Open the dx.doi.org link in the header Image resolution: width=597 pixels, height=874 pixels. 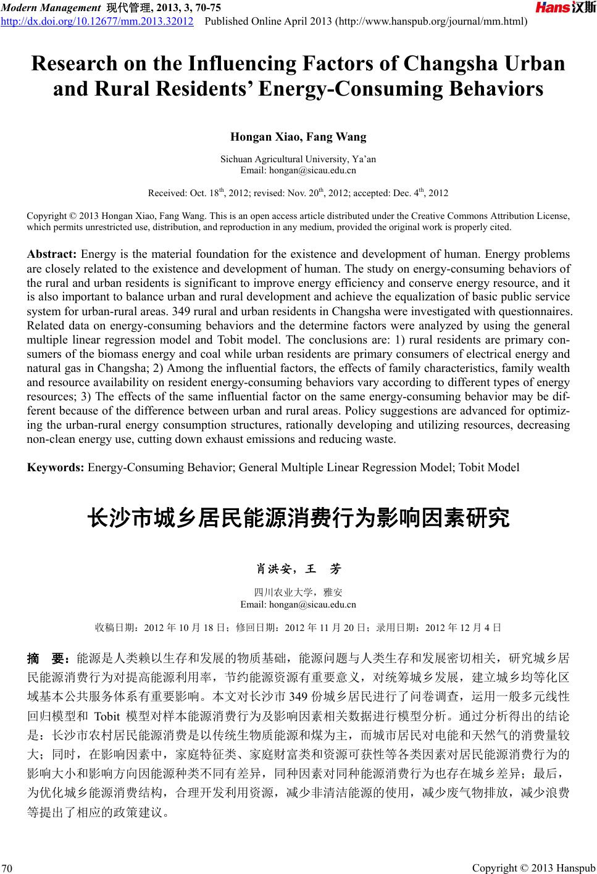pyautogui.click(x=97, y=22)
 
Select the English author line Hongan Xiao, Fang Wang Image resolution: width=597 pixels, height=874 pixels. pyautogui.click(x=298, y=137)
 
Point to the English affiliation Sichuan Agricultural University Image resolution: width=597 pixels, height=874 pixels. pyautogui.click(x=298, y=159)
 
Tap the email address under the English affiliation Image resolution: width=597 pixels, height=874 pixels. pyautogui.click(x=298, y=170)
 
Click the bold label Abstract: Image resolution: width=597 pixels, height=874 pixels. pyautogui.click(x=52, y=254)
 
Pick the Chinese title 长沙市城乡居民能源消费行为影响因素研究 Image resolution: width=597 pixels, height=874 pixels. pyautogui.click(x=299, y=518)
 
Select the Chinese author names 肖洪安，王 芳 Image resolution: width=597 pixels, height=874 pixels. pyautogui.click(x=298, y=568)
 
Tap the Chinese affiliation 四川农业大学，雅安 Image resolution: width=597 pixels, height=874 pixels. pyautogui.click(x=298, y=593)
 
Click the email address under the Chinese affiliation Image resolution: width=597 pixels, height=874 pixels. pyautogui.click(x=298, y=604)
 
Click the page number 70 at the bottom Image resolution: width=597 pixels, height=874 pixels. pyautogui.click(x=8, y=869)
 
